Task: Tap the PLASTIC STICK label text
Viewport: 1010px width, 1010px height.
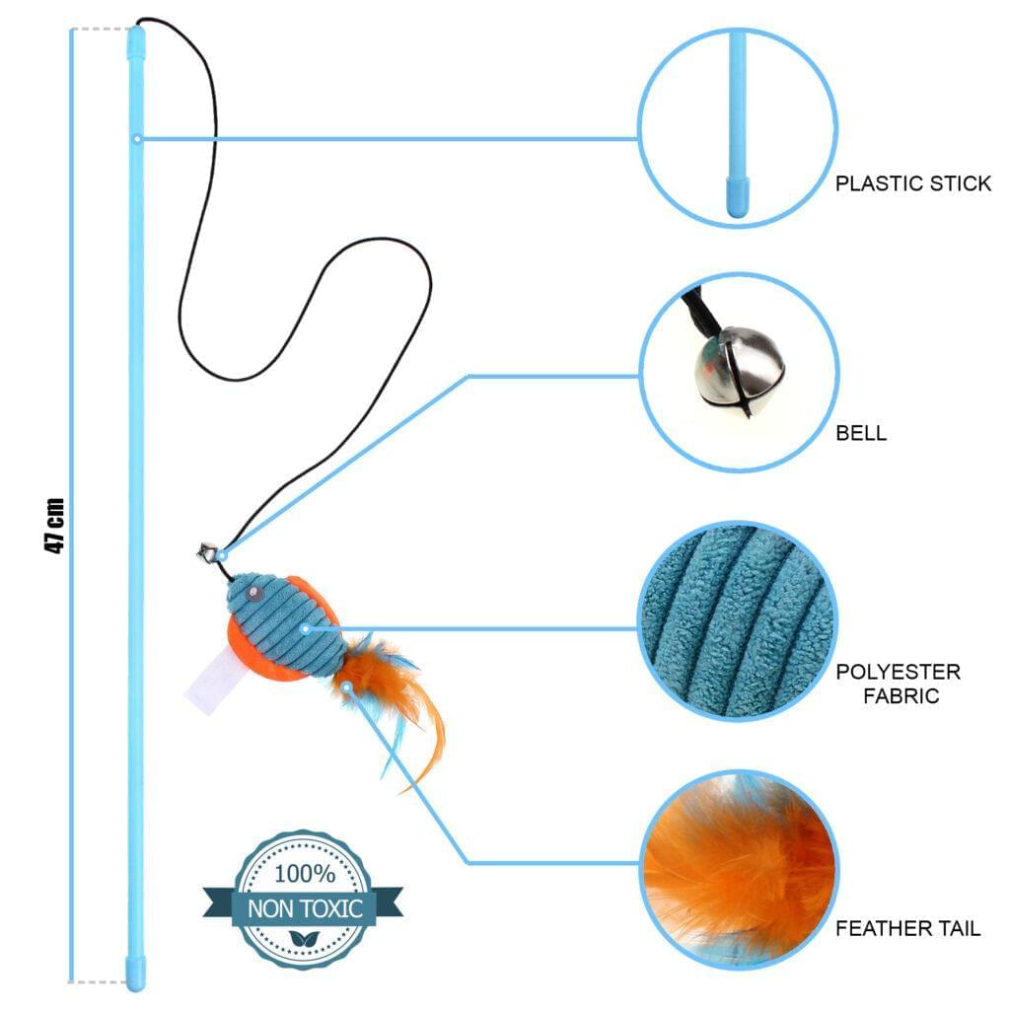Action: click(913, 183)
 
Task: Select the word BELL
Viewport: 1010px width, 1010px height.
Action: click(861, 433)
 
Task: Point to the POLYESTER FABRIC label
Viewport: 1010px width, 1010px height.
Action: click(898, 684)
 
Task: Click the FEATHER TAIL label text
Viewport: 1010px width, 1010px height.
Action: click(907, 929)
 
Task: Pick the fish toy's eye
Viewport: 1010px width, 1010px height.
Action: click(254, 595)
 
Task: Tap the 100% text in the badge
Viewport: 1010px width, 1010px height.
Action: click(304, 874)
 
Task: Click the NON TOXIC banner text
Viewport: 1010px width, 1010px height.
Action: click(304, 908)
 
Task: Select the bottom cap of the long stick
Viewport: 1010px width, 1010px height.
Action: click(134, 971)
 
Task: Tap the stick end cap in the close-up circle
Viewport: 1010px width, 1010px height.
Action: click(737, 197)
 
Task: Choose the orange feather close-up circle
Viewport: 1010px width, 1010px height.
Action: click(737, 868)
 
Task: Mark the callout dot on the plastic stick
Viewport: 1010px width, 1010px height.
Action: click(137, 138)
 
